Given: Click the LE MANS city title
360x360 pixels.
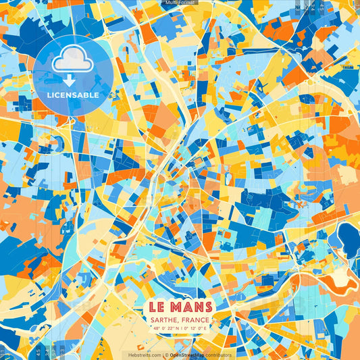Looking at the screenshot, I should click(x=180, y=307).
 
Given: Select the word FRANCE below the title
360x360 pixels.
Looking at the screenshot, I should click(x=197, y=321).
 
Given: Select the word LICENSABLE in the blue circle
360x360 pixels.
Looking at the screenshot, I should click(x=73, y=95).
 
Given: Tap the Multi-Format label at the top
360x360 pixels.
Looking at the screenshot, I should click(x=180, y=3).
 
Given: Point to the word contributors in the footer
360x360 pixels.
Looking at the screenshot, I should click(x=219, y=355).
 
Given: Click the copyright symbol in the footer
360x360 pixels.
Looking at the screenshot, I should click(x=165, y=355).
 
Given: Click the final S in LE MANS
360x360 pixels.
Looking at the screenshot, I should click(x=209, y=307).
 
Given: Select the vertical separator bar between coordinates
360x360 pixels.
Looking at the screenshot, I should click(x=180, y=330).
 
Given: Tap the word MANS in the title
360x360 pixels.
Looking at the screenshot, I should click(x=191, y=307).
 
